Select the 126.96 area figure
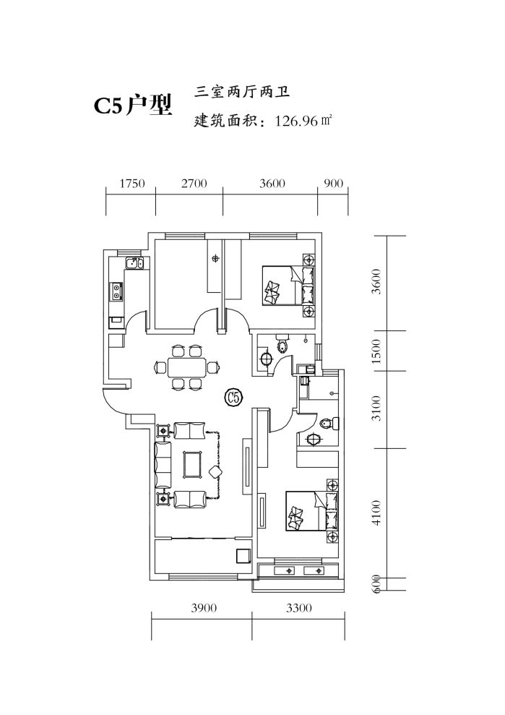point(295,121)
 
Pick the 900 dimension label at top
point(334,184)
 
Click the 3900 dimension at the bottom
point(204,609)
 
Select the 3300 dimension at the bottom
point(298,609)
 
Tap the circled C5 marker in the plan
point(233,396)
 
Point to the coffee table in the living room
point(193,464)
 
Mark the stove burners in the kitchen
point(116,292)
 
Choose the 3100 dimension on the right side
point(376,410)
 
